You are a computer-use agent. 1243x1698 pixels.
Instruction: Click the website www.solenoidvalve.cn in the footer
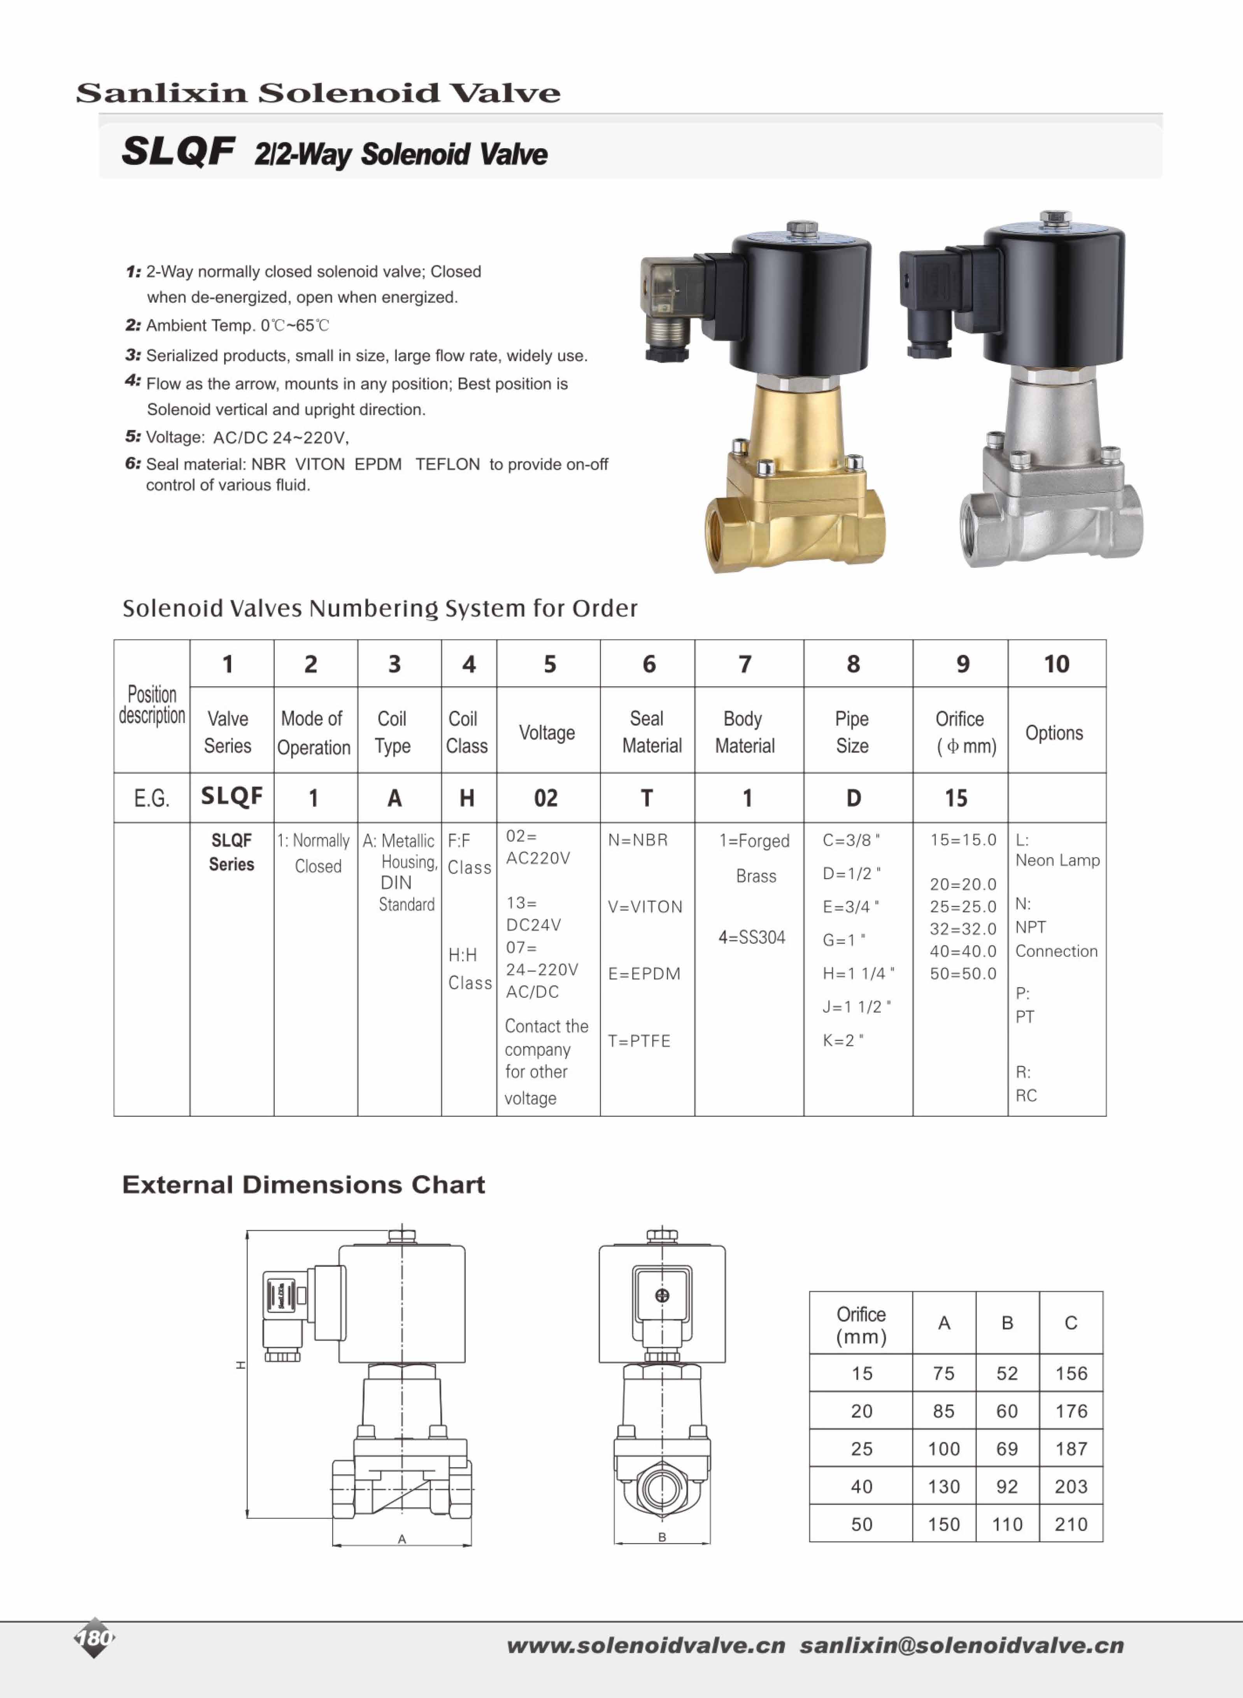coord(645,1645)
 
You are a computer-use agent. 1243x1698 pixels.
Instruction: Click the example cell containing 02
coord(546,798)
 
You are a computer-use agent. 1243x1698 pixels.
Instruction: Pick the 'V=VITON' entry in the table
coord(645,907)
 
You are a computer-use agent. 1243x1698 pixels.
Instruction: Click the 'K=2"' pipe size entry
coord(843,1040)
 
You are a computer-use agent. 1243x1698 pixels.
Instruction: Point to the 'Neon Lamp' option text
coord(1057,860)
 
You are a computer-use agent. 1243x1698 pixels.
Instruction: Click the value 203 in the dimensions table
coord(1071,1487)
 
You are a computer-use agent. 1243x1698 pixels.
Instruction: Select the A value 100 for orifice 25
coord(943,1449)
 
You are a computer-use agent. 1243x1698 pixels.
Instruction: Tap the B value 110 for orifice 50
coord(1007,1524)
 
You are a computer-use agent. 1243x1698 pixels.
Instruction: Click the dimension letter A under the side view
coord(402,1539)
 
